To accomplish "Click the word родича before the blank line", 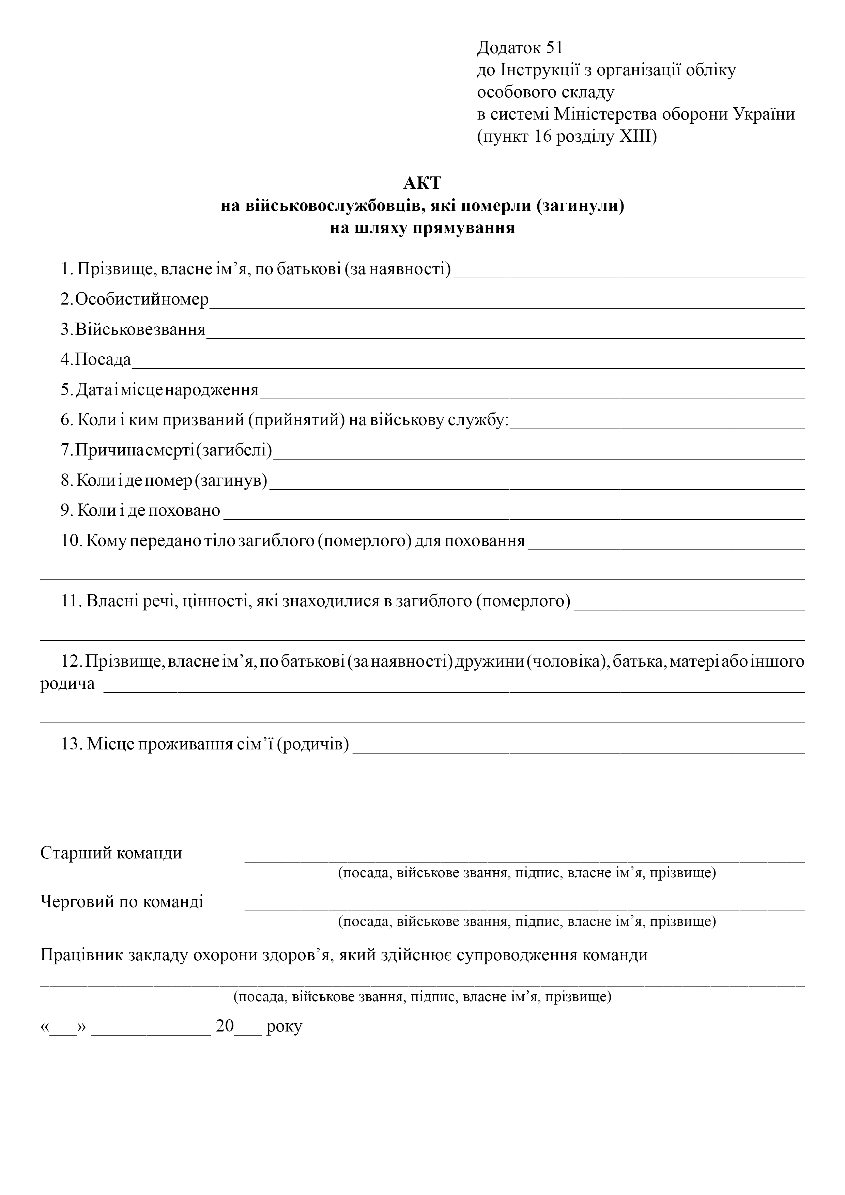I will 68,684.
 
